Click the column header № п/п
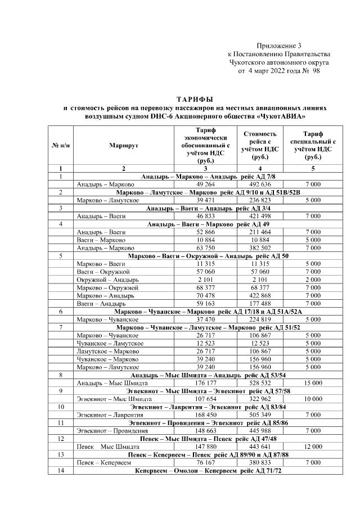[61, 145]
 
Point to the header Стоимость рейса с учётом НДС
[260, 145]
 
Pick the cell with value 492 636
[260, 184]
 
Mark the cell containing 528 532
[260, 382]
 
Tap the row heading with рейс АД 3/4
[208, 208]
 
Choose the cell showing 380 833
[260, 462]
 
